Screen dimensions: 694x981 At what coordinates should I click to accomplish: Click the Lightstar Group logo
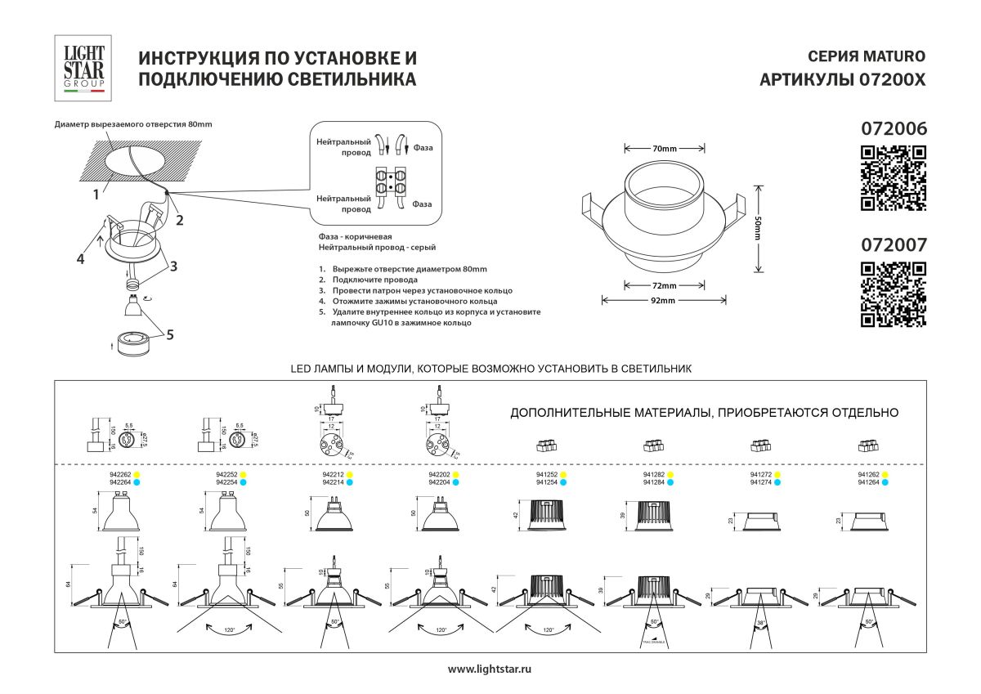84,69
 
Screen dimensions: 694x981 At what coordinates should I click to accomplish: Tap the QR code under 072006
894,177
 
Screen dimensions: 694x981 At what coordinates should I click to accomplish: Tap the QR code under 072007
894,293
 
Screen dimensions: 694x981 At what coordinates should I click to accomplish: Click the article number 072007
894,244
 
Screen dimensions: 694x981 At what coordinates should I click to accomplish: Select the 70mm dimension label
665,149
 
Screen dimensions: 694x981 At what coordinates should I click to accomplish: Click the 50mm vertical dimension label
758,227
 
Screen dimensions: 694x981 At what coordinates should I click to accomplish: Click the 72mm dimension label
665,286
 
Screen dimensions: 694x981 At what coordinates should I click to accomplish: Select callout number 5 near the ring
170,334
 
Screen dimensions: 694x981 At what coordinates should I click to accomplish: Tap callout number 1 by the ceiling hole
96,195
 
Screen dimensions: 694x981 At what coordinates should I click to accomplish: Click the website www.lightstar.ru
490,669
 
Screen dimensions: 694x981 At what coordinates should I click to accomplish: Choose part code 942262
120,474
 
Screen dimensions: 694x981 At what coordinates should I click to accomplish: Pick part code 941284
653,483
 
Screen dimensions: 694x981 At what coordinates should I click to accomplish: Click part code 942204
439,483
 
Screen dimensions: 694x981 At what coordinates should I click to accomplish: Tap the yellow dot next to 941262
885,474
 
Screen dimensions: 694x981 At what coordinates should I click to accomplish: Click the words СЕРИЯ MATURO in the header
866,56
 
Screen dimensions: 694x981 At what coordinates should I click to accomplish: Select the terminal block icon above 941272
760,446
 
